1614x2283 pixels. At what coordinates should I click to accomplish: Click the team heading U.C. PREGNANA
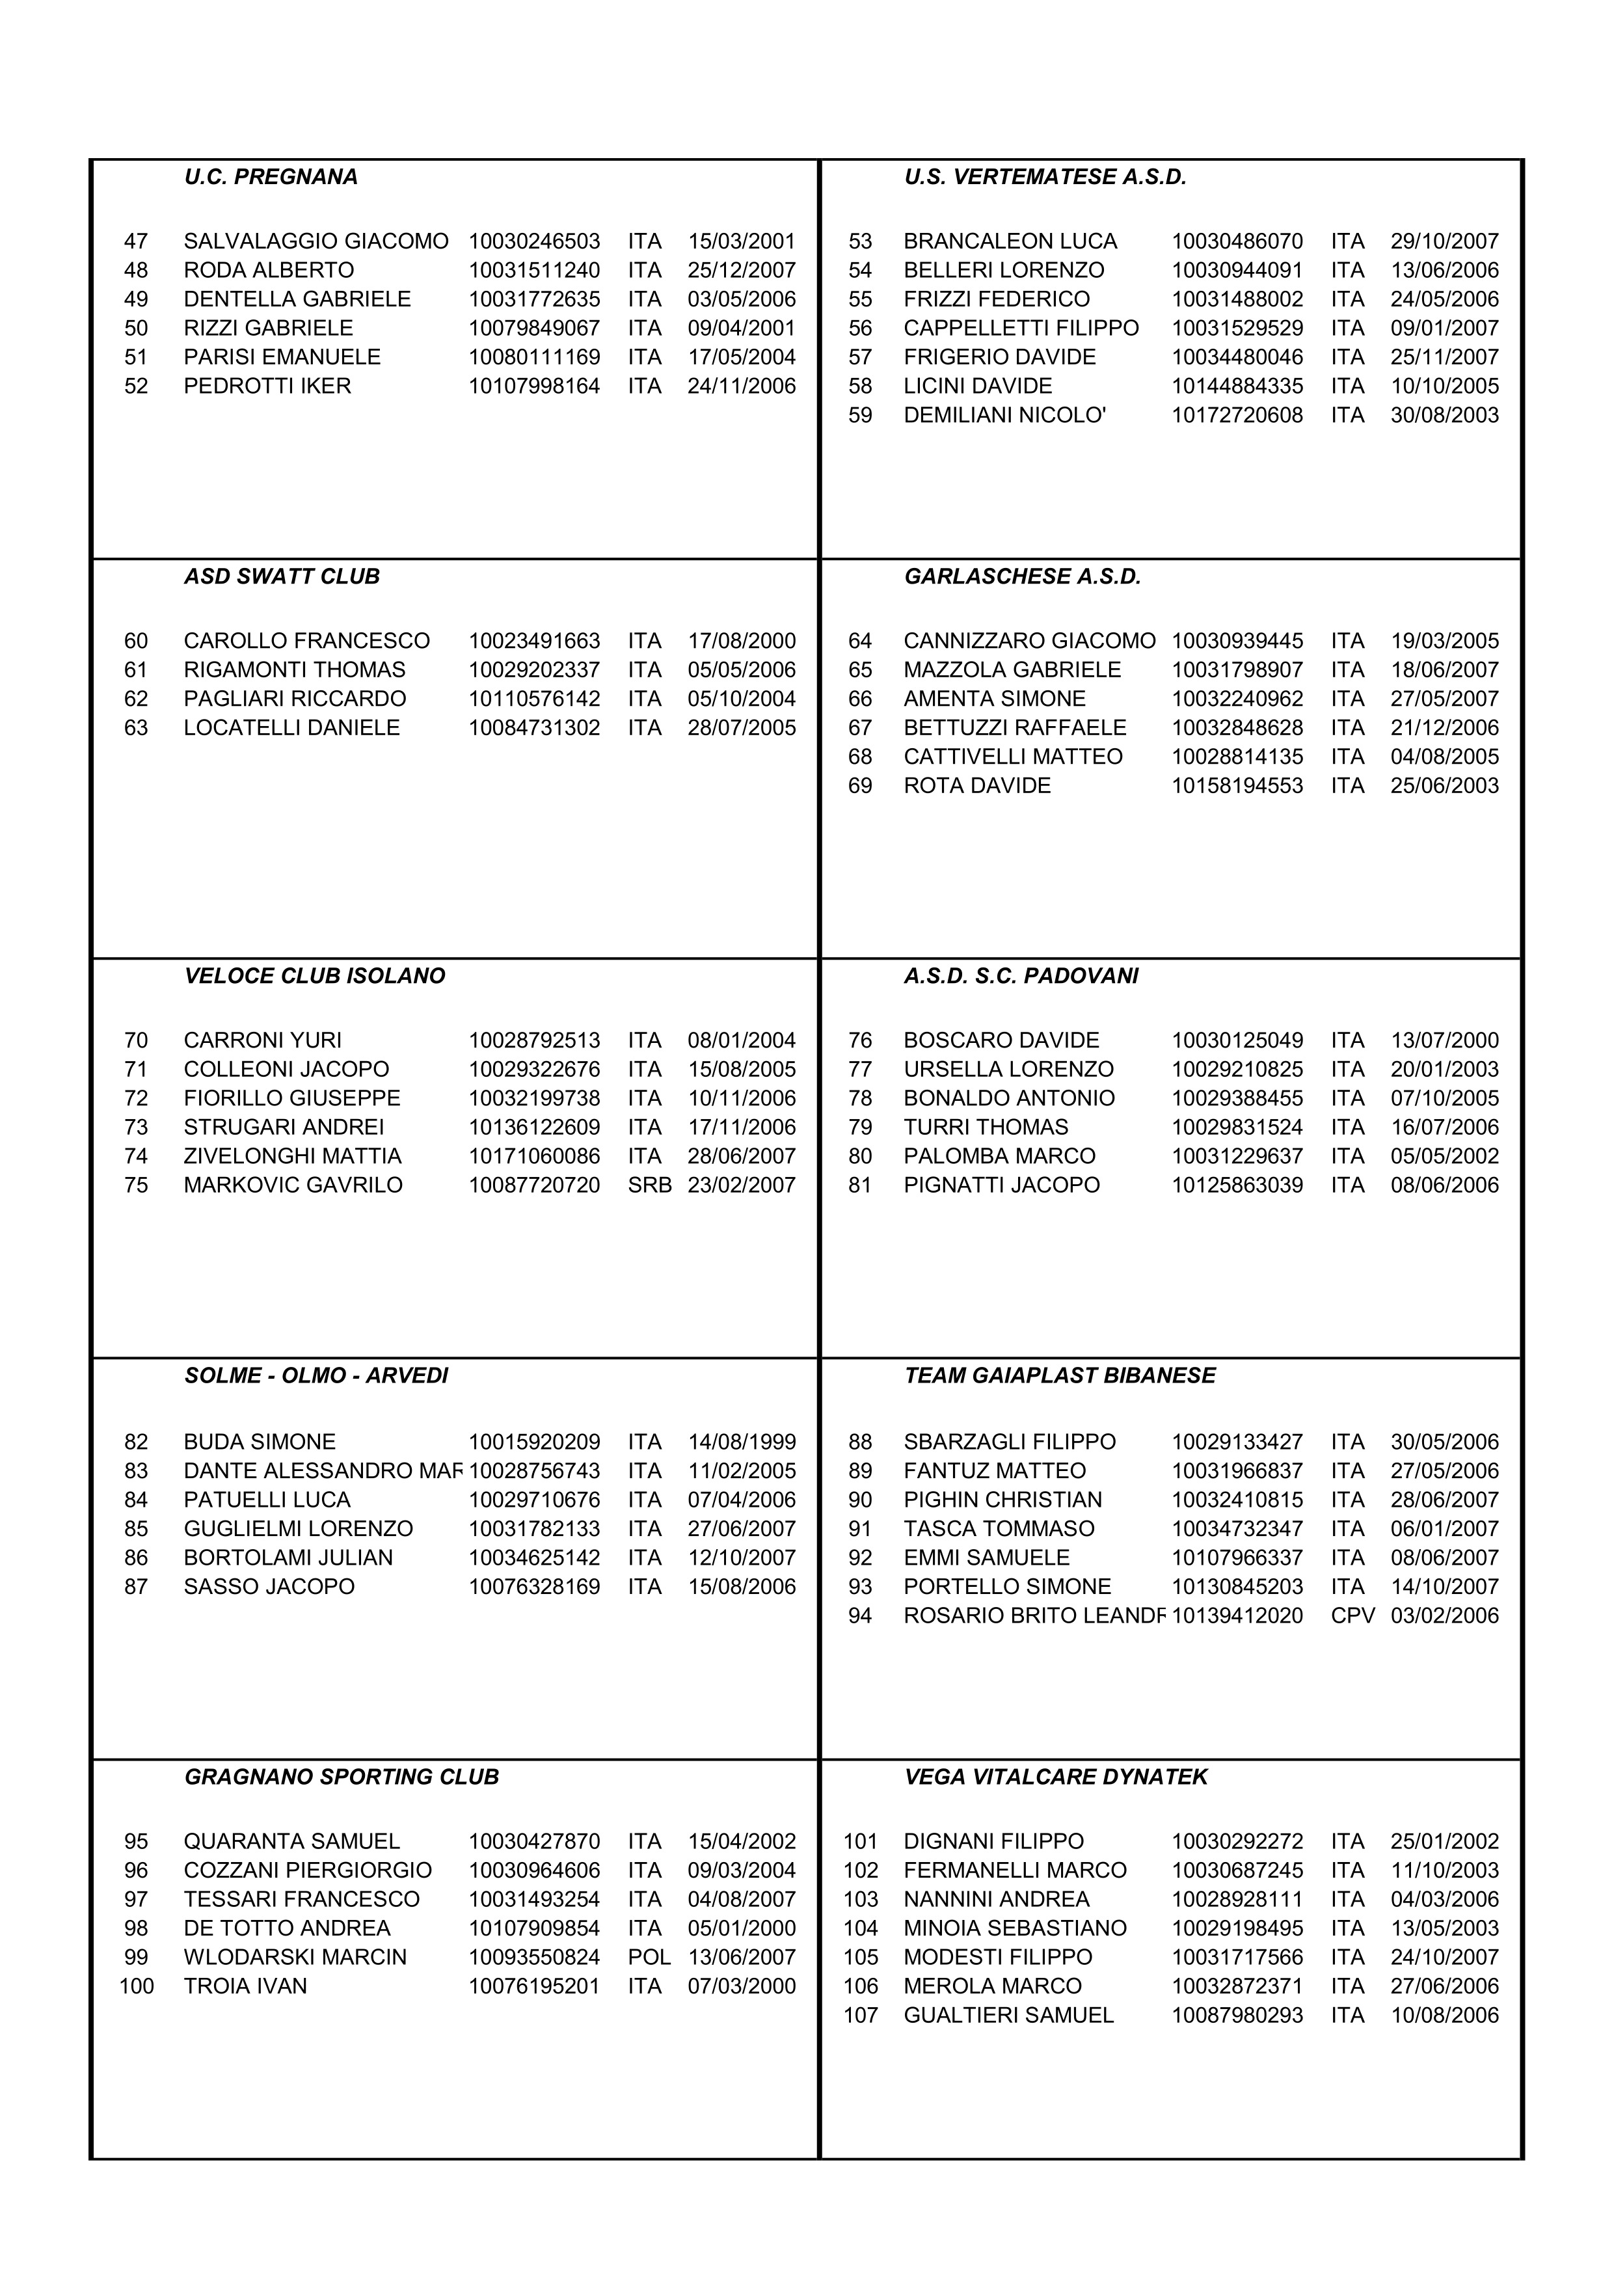(271, 177)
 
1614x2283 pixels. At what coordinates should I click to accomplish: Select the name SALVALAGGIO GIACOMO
(316, 241)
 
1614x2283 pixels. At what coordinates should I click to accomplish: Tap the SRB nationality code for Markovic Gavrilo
(649, 1185)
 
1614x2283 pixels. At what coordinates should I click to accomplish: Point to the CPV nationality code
(1352, 1616)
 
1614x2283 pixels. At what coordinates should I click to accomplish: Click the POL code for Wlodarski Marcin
(649, 1957)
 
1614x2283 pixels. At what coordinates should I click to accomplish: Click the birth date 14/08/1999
(742, 1442)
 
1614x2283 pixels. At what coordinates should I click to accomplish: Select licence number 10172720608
(1237, 416)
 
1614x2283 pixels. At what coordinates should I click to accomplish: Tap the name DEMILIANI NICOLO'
(1004, 416)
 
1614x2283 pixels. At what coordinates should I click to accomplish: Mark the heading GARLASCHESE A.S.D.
(1022, 576)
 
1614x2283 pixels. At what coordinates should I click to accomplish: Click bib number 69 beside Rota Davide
(860, 785)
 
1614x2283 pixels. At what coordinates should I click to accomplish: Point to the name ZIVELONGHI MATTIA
(292, 1156)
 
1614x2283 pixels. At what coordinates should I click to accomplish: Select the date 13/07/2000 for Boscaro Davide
(1444, 1041)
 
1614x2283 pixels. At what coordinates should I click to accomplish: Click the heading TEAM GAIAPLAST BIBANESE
(1059, 1376)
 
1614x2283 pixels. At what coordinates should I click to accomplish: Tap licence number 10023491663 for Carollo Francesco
(535, 642)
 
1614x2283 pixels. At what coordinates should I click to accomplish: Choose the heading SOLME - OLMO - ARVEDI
(316, 1376)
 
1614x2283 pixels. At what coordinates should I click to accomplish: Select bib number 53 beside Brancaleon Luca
(860, 241)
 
